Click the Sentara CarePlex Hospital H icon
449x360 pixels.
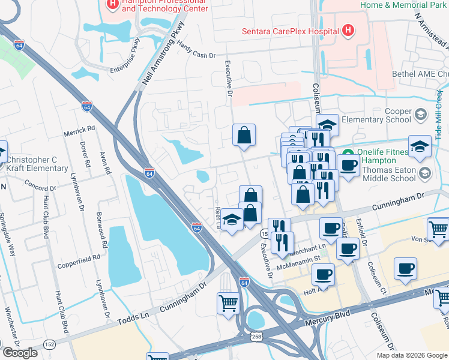[x=348, y=30]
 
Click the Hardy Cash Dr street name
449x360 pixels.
[x=196, y=55]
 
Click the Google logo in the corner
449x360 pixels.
[x=20, y=353]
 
